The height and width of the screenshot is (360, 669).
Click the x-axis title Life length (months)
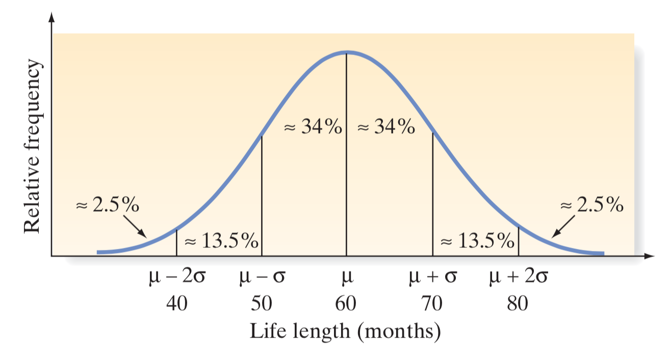click(x=345, y=331)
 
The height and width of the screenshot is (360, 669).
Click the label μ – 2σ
click(x=176, y=278)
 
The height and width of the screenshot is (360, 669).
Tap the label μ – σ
click(x=262, y=278)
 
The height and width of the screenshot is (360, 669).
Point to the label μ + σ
click(x=433, y=278)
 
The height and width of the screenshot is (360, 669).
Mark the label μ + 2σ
click(x=519, y=278)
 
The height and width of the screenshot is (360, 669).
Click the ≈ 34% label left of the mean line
click(x=313, y=127)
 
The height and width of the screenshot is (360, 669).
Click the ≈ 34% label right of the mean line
click(x=385, y=127)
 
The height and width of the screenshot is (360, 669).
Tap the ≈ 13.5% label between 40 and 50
click(x=220, y=241)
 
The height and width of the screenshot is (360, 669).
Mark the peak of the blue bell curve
click(x=347, y=53)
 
